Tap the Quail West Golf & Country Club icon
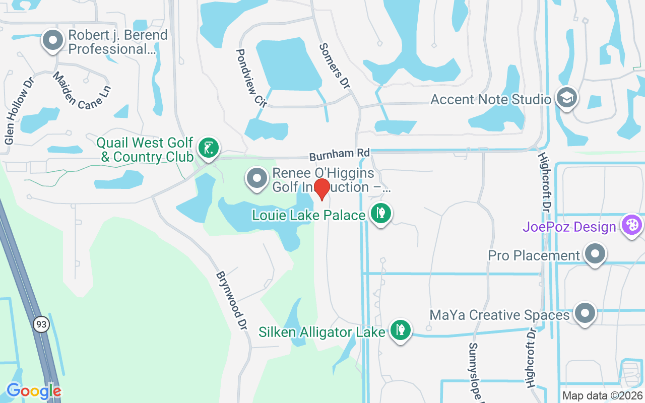coord(208,148)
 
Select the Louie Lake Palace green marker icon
coord(380,214)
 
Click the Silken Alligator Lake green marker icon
coord(400,330)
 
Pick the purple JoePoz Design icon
coord(631,225)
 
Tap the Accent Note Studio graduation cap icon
coord(566,98)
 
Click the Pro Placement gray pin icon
coord(595,254)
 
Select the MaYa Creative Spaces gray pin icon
coord(585,313)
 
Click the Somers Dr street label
coord(335,66)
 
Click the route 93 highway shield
coord(41,324)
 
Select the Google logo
coord(34,391)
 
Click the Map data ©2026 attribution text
coord(602,396)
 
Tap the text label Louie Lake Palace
coord(309,216)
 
